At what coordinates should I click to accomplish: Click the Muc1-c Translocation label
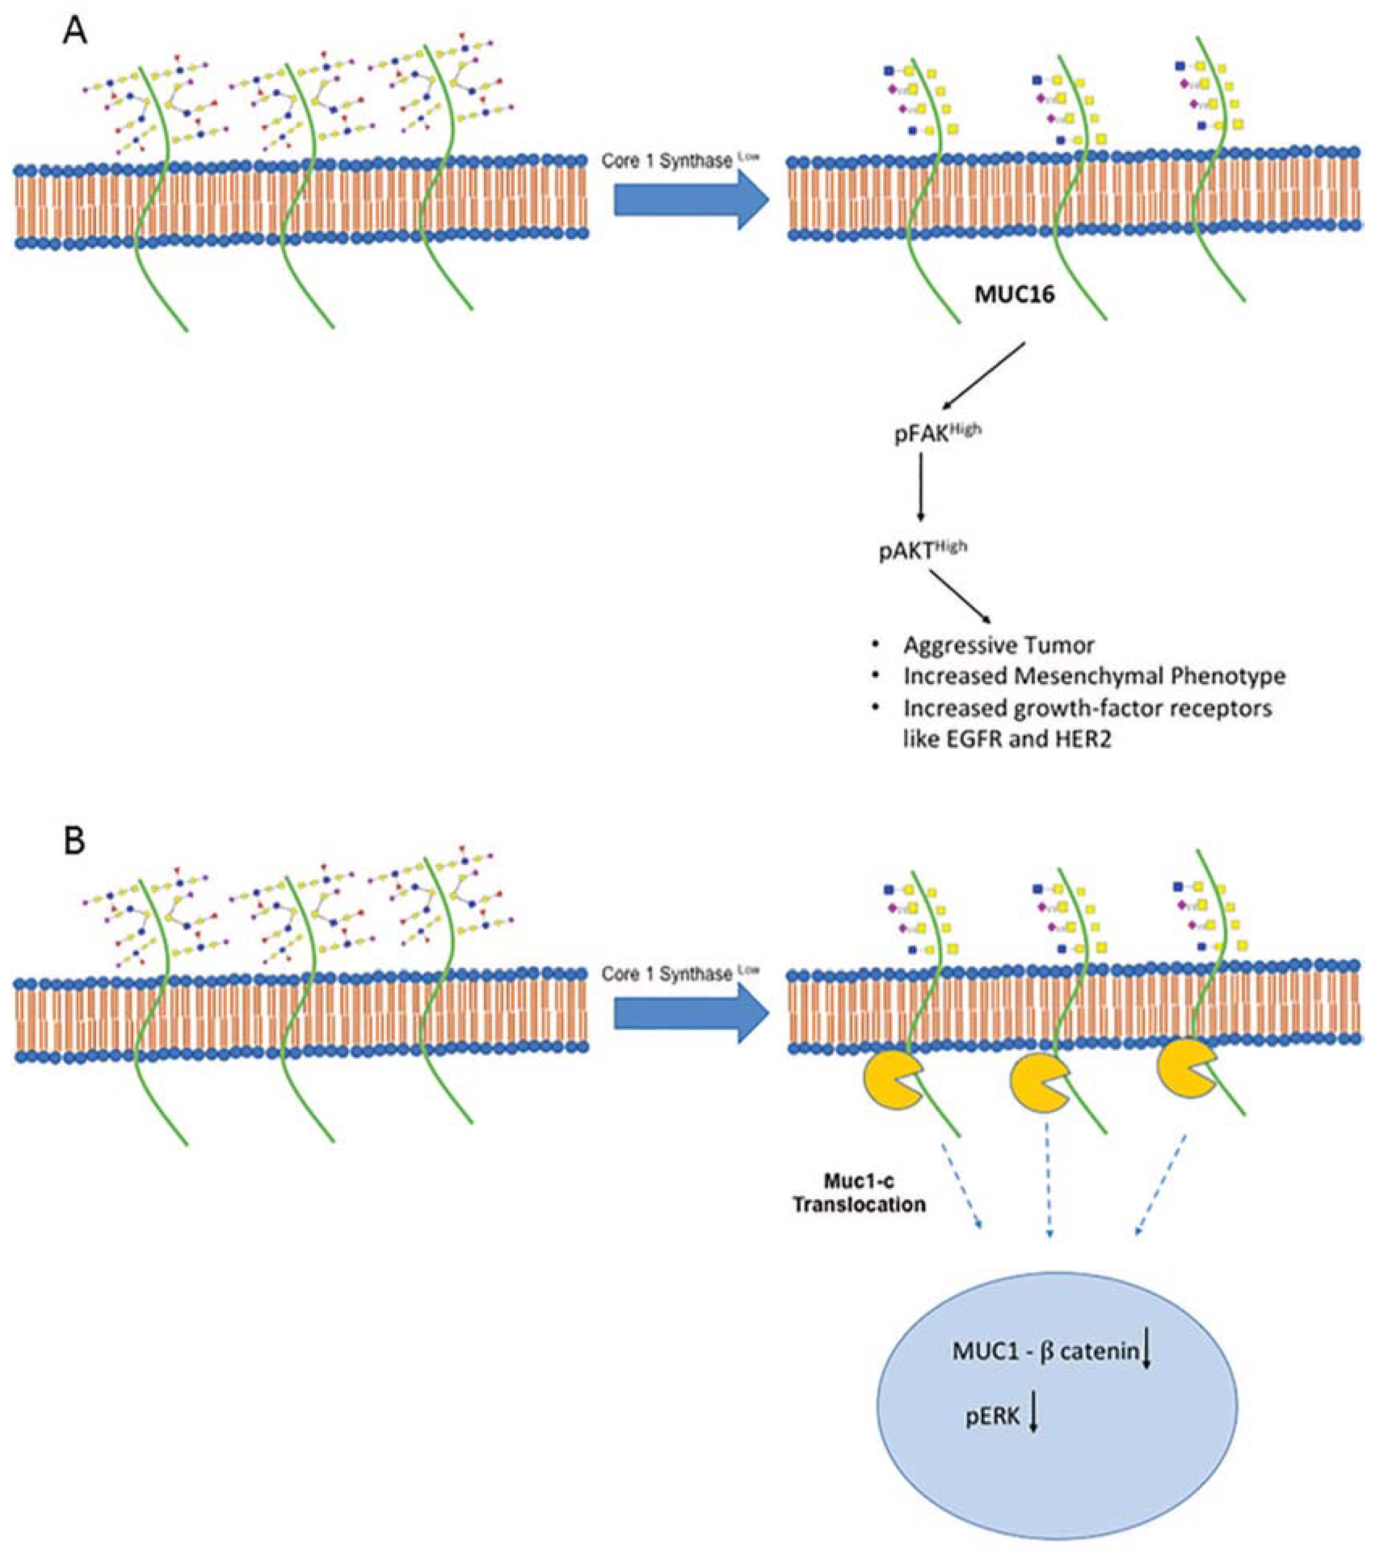(x=859, y=1193)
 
